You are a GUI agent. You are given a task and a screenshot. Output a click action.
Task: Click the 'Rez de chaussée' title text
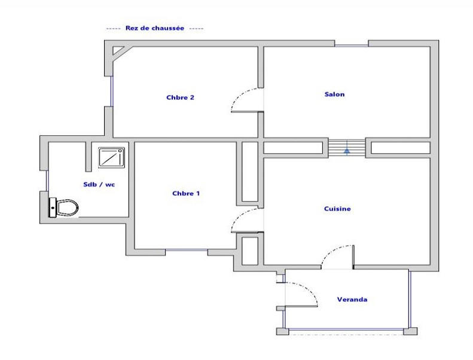[x=155, y=28]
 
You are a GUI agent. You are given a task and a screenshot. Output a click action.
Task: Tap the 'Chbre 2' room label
[x=180, y=97]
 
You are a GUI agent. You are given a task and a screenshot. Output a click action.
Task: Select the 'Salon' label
[x=334, y=94]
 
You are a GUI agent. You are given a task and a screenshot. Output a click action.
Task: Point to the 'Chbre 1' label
[x=186, y=193]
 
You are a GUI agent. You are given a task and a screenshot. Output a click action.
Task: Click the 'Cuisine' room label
[x=337, y=209]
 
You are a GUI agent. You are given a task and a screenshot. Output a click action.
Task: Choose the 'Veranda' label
[x=352, y=300]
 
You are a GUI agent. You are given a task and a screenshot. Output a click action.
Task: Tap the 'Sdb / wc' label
[x=99, y=184]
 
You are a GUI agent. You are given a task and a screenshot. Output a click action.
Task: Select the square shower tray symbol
[x=112, y=157]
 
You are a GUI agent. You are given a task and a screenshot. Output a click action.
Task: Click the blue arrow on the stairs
[x=347, y=150]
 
